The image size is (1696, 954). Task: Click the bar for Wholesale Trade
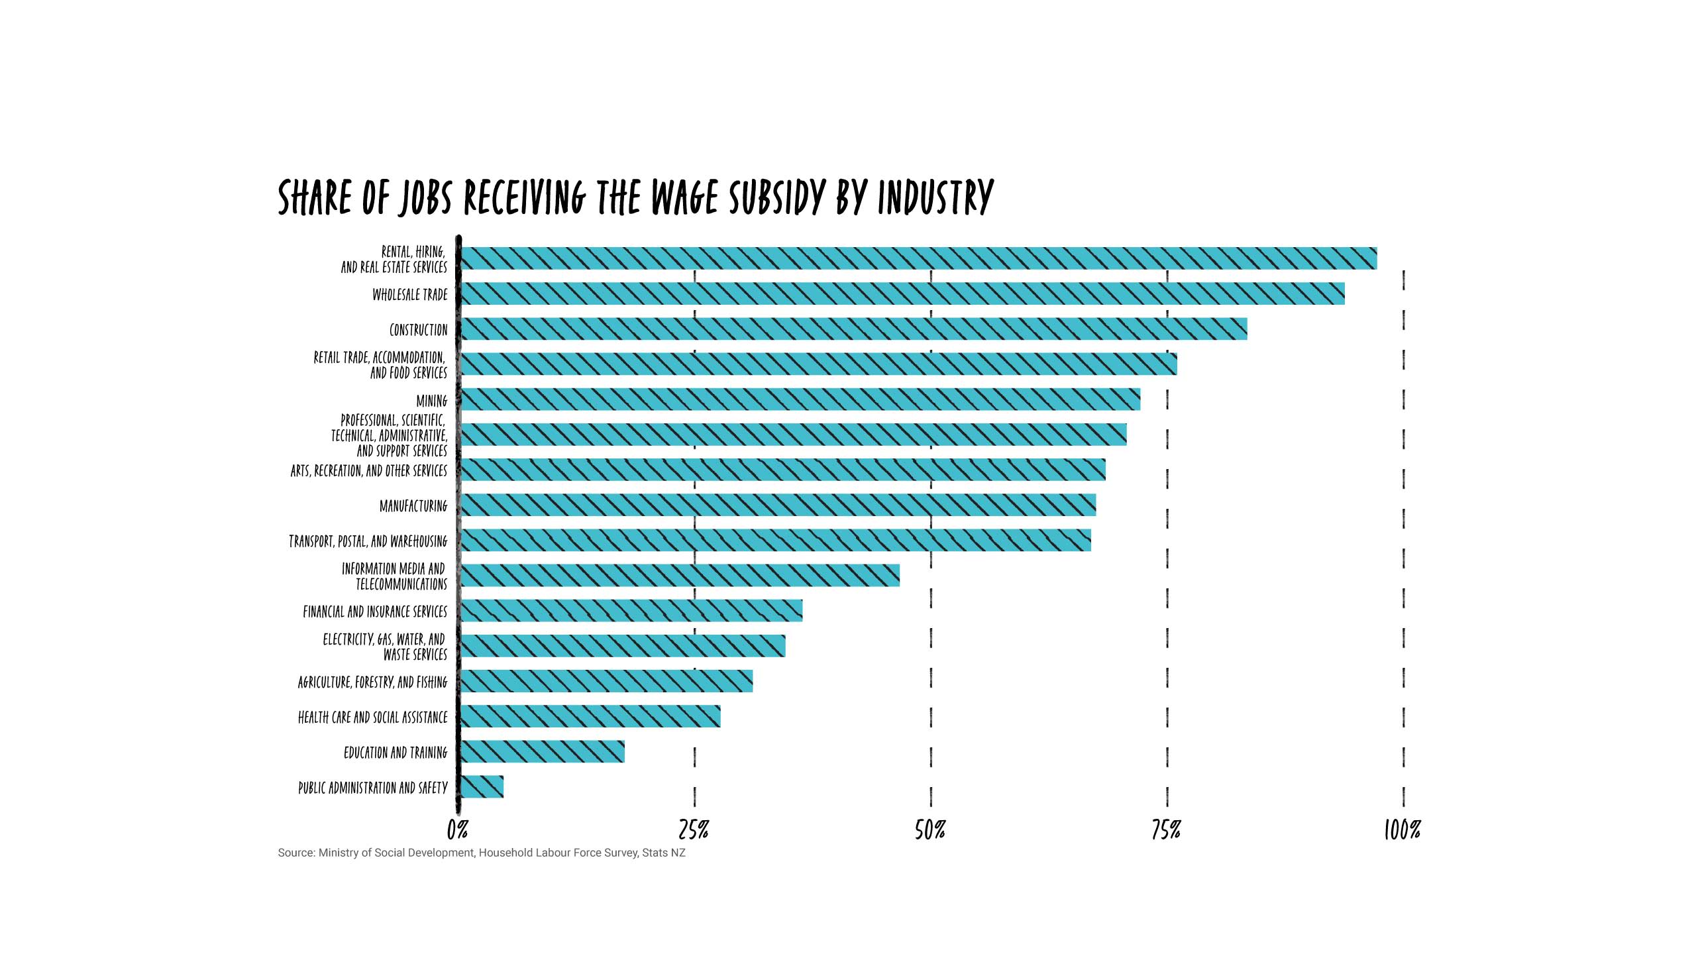click(901, 293)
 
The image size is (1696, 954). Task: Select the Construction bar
click(853, 329)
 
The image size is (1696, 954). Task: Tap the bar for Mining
click(800, 399)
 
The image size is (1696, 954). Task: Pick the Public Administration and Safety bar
click(482, 786)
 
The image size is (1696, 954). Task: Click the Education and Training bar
click(542, 751)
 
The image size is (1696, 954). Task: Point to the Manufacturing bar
click(777, 505)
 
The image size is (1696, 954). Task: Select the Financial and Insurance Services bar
click(631, 611)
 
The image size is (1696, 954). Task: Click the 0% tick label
click(458, 829)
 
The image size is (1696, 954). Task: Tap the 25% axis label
click(694, 829)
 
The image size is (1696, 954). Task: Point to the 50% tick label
click(930, 829)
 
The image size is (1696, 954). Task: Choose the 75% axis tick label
click(1166, 829)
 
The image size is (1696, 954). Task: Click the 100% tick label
click(1403, 829)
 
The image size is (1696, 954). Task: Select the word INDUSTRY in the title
click(935, 197)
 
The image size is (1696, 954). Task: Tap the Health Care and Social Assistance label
click(373, 717)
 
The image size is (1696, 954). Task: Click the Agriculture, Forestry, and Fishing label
click(373, 682)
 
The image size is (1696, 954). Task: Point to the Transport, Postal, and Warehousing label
click(368, 541)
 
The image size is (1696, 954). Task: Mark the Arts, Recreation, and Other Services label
click(369, 471)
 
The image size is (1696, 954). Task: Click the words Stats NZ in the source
click(663, 853)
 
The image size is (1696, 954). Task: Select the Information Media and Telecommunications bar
click(680, 576)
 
